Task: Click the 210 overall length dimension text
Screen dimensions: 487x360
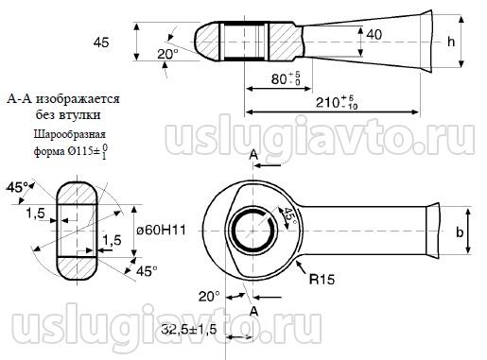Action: click(337, 103)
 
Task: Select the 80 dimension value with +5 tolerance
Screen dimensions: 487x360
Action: click(287, 78)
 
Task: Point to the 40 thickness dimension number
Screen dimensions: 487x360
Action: click(374, 34)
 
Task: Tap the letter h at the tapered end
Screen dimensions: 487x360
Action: click(451, 42)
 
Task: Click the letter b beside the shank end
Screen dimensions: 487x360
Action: click(460, 232)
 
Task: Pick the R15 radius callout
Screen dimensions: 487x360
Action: click(322, 279)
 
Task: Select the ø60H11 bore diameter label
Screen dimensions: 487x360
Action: click(161, 231)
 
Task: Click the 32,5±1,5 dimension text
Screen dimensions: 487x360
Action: click(189, 330)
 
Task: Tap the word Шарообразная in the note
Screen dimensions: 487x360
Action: click(70, 134)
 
